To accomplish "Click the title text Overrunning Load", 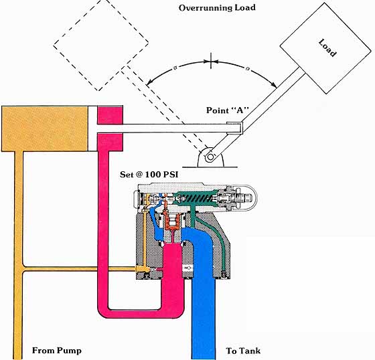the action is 217,7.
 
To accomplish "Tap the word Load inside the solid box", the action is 327,48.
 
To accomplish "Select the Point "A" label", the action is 228,110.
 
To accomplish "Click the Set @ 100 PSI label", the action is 149,174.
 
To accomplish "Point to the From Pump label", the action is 57,351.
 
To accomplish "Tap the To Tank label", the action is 243,351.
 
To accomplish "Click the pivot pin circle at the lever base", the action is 210,157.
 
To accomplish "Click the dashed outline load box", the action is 101,45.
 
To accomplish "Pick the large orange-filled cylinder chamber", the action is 44,129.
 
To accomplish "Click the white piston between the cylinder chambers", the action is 92,128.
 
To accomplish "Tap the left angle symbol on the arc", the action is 175,68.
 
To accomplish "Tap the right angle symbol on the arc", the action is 248,69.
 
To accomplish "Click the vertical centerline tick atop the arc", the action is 211,61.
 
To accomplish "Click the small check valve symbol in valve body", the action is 187,268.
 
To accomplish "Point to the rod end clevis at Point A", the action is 235,128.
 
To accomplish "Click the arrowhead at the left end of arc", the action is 149,82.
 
